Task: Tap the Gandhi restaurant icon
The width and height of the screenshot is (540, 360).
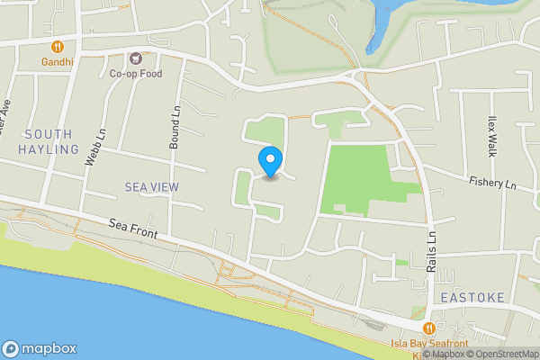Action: tap(57, 46)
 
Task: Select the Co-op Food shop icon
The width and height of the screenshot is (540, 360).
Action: tap(136, 58)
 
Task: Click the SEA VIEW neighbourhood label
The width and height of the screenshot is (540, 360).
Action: tap(152, 186)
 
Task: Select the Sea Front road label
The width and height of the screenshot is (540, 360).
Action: tap(133, 229)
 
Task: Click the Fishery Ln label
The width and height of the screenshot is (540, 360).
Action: tap(491, 183)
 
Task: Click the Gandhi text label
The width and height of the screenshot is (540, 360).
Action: tap(57, 62)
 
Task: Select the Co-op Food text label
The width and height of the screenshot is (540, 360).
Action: tap(136, 74)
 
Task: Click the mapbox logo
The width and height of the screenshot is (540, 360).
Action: tap(40, 348)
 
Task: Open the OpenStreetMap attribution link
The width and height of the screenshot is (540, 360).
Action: tap(500, 354)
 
